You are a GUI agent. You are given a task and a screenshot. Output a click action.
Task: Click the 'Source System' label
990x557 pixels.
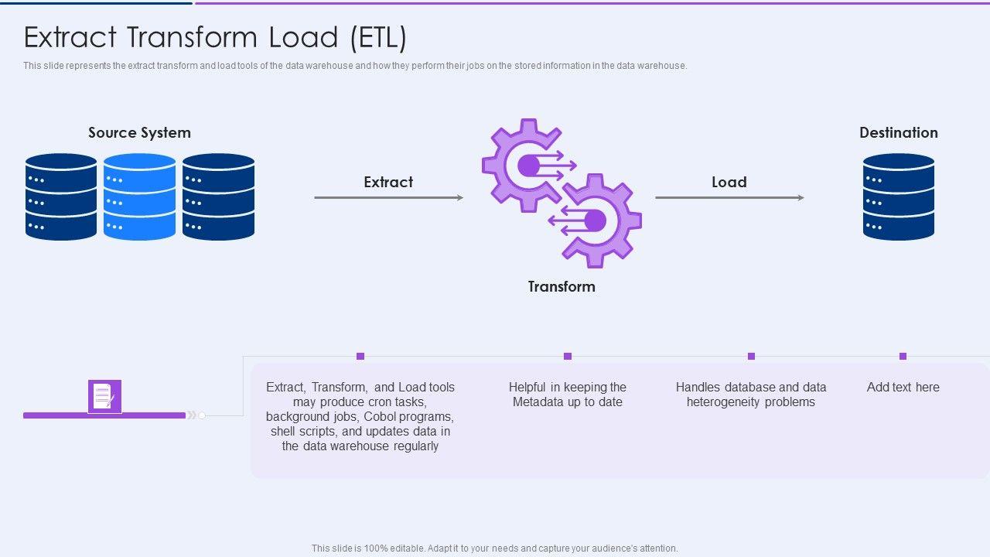139,132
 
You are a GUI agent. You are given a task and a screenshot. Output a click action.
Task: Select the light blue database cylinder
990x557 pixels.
140,196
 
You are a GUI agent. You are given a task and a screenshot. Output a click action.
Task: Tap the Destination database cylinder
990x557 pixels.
899,196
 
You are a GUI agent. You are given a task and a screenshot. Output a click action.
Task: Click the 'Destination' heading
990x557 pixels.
899,132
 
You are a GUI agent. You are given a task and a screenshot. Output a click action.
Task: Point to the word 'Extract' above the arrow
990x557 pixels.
388,182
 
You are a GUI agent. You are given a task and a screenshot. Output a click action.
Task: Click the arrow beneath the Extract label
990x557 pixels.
389,197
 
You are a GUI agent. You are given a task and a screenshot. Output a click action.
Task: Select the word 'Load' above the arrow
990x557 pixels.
729,182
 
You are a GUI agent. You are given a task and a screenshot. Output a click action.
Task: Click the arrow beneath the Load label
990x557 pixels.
729,197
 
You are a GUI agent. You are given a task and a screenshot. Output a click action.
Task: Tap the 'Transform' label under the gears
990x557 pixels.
562,286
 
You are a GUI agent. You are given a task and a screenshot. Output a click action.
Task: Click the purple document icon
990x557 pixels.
104,397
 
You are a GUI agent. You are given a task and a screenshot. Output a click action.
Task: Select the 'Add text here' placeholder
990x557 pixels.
903,388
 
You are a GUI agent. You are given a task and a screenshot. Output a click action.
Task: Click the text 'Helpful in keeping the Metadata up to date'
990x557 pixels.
568,395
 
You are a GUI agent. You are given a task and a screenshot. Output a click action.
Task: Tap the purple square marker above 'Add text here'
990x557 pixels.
903,357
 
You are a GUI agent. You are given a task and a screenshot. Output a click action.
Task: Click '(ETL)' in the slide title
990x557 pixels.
378,37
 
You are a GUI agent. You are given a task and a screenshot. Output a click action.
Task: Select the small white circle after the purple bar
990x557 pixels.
202,415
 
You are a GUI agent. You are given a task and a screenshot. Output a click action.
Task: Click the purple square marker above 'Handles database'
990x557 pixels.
751,357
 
